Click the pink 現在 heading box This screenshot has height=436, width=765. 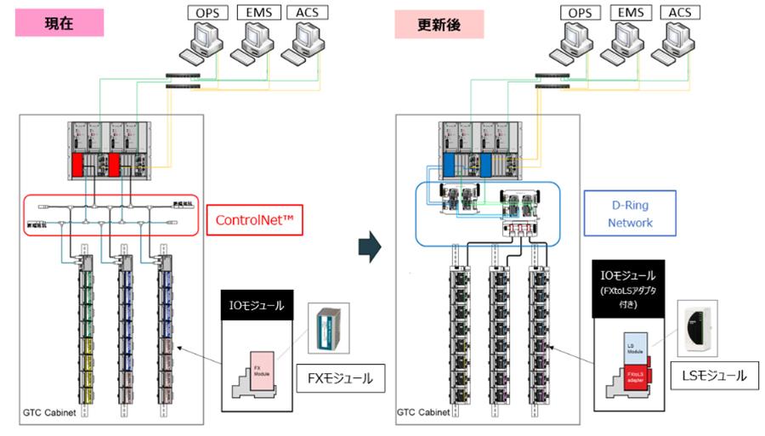59,22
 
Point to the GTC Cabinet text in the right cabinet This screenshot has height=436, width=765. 425,414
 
